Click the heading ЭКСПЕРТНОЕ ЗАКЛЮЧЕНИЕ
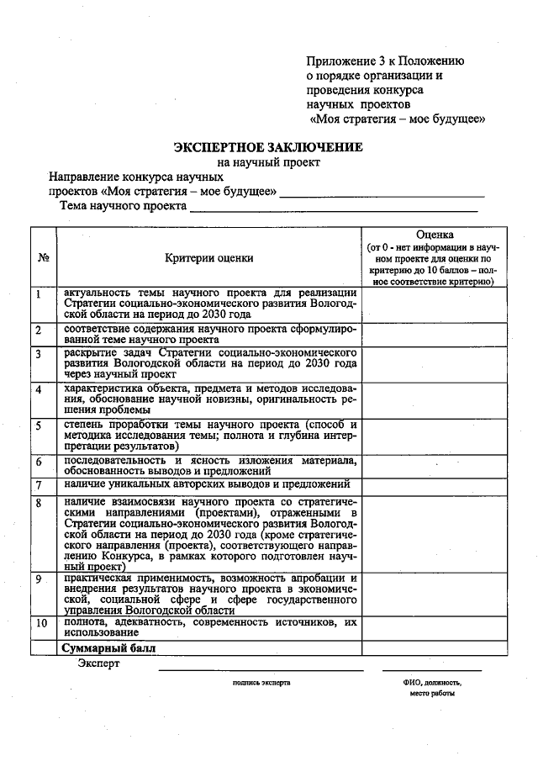click(x=268, y=146)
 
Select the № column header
click(x=42, y=258)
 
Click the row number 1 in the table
click(x=39, y=294)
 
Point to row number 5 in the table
click(x=39, y=426)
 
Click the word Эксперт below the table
click(x=98, y=664)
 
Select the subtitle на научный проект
click(x=268, y=162)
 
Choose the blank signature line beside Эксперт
click(x=261, y=669)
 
